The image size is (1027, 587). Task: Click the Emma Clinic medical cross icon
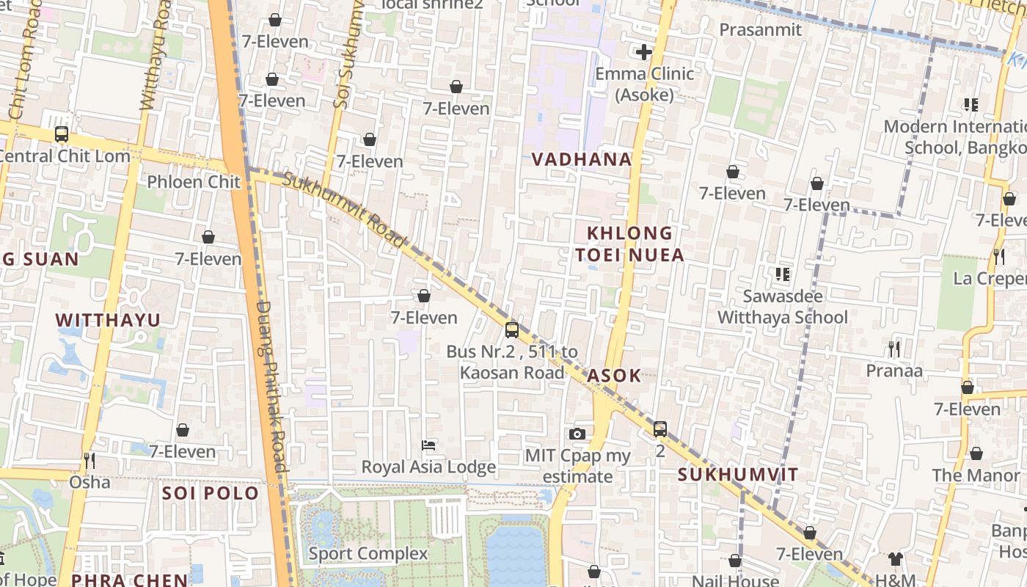tap(643, 52)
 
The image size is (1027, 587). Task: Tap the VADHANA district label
tap(581, 159)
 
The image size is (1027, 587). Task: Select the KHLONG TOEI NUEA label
tap(630, 244)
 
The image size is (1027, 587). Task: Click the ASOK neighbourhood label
tap(614, 376)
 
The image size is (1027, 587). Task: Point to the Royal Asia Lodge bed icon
tap(428, 445)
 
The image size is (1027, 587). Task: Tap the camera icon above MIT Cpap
tap(577, 434)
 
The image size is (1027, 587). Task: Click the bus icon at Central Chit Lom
tap(62, 134)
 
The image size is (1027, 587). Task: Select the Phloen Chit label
tap(194, 181)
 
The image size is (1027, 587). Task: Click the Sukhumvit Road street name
tap(344, 210)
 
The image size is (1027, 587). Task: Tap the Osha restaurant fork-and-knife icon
tap(89, 461)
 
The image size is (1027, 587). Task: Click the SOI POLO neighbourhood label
tap(211, 493)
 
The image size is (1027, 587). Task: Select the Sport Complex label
tap(368, 553)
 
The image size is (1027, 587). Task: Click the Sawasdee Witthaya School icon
tap(782, 274)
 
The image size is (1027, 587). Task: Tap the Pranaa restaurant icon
tap(893, 349)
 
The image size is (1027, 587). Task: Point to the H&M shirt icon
tap(894, 559)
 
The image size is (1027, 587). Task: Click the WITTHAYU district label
tap(108, 320)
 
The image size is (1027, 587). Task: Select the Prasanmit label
tap(760, 29)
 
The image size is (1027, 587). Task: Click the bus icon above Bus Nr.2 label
tap(512, 330)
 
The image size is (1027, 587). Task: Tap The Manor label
tap(976, 475)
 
